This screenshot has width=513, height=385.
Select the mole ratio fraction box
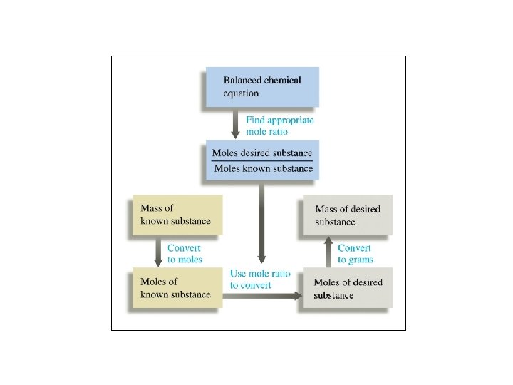(x=261, y=160)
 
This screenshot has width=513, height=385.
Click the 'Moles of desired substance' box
(x=348, y=289)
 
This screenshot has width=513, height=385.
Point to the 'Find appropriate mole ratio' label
(x=279, y=126)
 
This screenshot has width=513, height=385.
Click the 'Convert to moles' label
(x=185, y=254)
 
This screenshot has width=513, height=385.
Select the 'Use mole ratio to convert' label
(x=260, y=279)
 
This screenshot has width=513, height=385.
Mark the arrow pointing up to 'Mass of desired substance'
(x=329, y=252)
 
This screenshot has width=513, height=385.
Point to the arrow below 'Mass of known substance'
(x=158, y=252)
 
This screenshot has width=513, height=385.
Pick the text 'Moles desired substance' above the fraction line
(x=262, y=153)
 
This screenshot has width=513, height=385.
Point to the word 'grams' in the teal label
(x=361, y=260)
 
